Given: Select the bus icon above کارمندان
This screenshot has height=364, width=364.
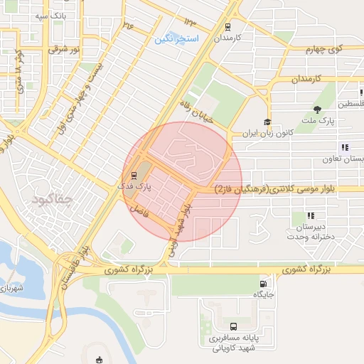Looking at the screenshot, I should click(227, 26).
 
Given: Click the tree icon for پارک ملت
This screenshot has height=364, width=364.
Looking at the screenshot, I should click(317, 109).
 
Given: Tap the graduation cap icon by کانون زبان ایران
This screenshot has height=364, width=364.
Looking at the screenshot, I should click(267, 122).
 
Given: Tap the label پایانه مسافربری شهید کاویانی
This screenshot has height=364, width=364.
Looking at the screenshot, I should click(235, 343).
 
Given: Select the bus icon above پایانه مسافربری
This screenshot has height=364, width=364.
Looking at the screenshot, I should click(233, 327).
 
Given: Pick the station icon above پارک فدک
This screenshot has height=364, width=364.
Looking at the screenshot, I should click(133, 176).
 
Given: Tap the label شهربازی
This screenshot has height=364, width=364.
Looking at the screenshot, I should click(11, 289).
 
